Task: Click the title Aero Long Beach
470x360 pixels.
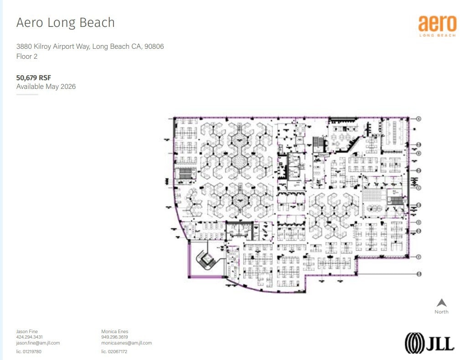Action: [x=65, y=23]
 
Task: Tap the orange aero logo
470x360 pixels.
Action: [x=437, y=26]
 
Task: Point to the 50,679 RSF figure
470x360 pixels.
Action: [x=33, y=77]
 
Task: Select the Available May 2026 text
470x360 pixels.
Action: [x=46, y=86]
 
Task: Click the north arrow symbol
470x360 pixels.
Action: [x=441, y=303]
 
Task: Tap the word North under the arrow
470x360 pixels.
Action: [x=441, y=312]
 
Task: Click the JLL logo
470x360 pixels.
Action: [x=429, y=343]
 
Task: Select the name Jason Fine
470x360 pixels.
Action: [x=27, y=331]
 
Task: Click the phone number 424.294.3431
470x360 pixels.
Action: [x=29, y=337]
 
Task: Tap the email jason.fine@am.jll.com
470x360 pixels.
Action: [x=38, y=343]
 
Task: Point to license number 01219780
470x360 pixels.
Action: [x=29, y=351]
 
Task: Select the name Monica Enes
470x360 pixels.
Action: [x=114, y=331]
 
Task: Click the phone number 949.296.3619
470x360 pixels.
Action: [x=114, y=337]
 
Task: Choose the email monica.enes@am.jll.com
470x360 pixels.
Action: [x=126, y=343]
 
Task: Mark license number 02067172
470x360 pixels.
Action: [x=114, y=351]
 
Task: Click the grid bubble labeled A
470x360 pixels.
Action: [x=418, y=118]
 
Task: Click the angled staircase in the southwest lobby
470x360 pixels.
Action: [x=206, y=261]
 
